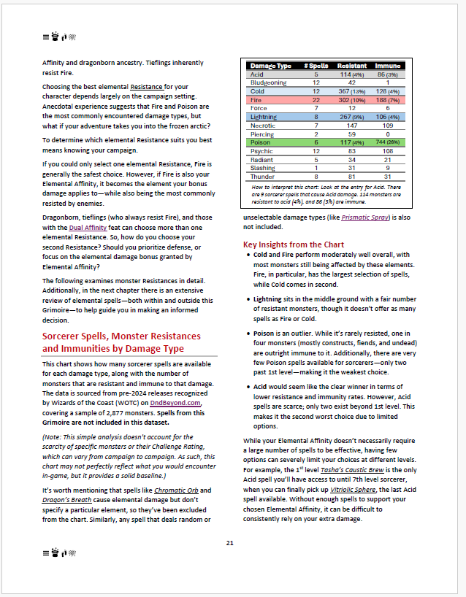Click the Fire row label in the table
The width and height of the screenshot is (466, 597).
256,99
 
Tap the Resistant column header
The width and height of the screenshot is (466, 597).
352,66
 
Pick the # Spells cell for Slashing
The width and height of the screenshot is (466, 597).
316,167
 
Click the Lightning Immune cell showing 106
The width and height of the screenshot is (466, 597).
392,117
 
